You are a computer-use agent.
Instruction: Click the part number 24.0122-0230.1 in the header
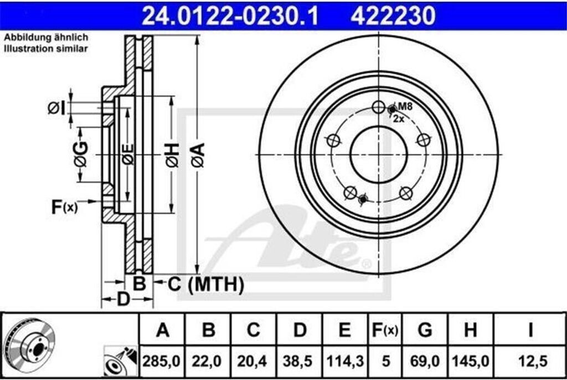[x=230, y=16]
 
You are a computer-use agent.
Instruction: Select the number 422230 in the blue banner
[x=393, y=16]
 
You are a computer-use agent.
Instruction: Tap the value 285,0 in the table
[x=161, y=361]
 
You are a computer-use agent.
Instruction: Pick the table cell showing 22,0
[x=207, y=361]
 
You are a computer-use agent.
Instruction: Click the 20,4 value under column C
[x=252, y=361]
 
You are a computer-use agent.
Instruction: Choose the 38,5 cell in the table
[x=298, y=361]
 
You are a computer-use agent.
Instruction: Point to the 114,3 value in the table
[x=345, y=361]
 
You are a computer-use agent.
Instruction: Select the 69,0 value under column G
[x=425, y=361]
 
